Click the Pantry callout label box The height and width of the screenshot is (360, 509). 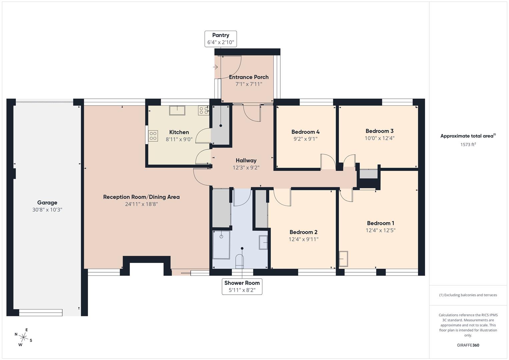point(220,39)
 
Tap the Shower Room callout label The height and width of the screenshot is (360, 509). point(242,286)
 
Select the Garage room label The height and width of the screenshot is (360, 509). point(47,202)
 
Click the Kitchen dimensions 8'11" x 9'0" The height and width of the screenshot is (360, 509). point(179,139)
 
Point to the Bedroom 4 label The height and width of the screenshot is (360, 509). point(305,132)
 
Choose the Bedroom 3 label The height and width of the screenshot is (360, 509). point(379,131)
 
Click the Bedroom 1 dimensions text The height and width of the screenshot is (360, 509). point(380,230)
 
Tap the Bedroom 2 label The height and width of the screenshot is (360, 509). point(303,232)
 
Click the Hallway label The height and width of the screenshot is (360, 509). point(246,160)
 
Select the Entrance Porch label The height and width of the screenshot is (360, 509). point(249,77)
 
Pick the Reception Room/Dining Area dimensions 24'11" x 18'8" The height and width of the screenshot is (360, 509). point(141,204)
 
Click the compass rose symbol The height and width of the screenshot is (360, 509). point(23,337)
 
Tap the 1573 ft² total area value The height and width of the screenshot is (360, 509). point(468,144)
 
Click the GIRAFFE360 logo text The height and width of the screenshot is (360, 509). point(468,345)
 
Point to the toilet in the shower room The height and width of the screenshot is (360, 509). point(240,261)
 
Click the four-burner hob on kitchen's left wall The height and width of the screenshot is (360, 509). point(153,136)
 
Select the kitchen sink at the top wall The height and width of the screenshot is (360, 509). point(177,110)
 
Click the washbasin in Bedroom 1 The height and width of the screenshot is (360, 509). point(343,259)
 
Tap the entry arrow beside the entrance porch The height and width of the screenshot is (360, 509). point(215,67)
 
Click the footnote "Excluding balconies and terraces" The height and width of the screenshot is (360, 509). point(468,295)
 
